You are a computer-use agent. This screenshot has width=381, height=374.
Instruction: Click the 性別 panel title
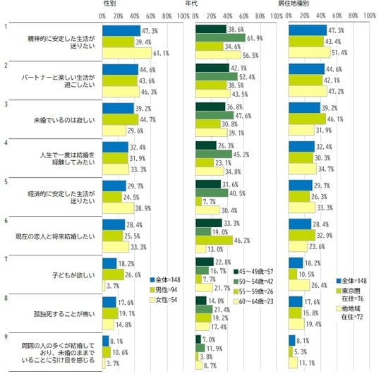[x=111, y=4]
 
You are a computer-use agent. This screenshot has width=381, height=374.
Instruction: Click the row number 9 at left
[x=6, y=335]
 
